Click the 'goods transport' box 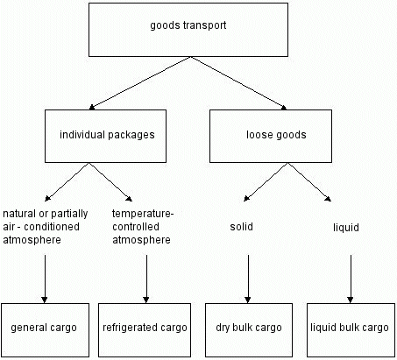coord(188,30)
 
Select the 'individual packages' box coord(105,136)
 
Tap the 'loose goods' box coord(271,136)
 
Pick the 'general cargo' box coord(45,330)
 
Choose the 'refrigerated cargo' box coord(145,330)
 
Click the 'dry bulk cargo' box coord(249,330)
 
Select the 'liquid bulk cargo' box coord(351,330)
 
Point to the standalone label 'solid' coord(241,227)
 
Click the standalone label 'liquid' coord(346,228)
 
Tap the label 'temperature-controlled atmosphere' coord(143,227)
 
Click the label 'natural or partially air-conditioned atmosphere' coord(46,227)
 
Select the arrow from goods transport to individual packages coord(140,83)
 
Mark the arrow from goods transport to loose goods coord(238,83)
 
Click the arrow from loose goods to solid coord(266,182)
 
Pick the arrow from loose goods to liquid coord(309,182)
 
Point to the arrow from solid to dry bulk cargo coord(248,279)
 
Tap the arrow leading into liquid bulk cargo coord(351,279)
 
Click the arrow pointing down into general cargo coord(45,279)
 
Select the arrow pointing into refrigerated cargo coord(146,279)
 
